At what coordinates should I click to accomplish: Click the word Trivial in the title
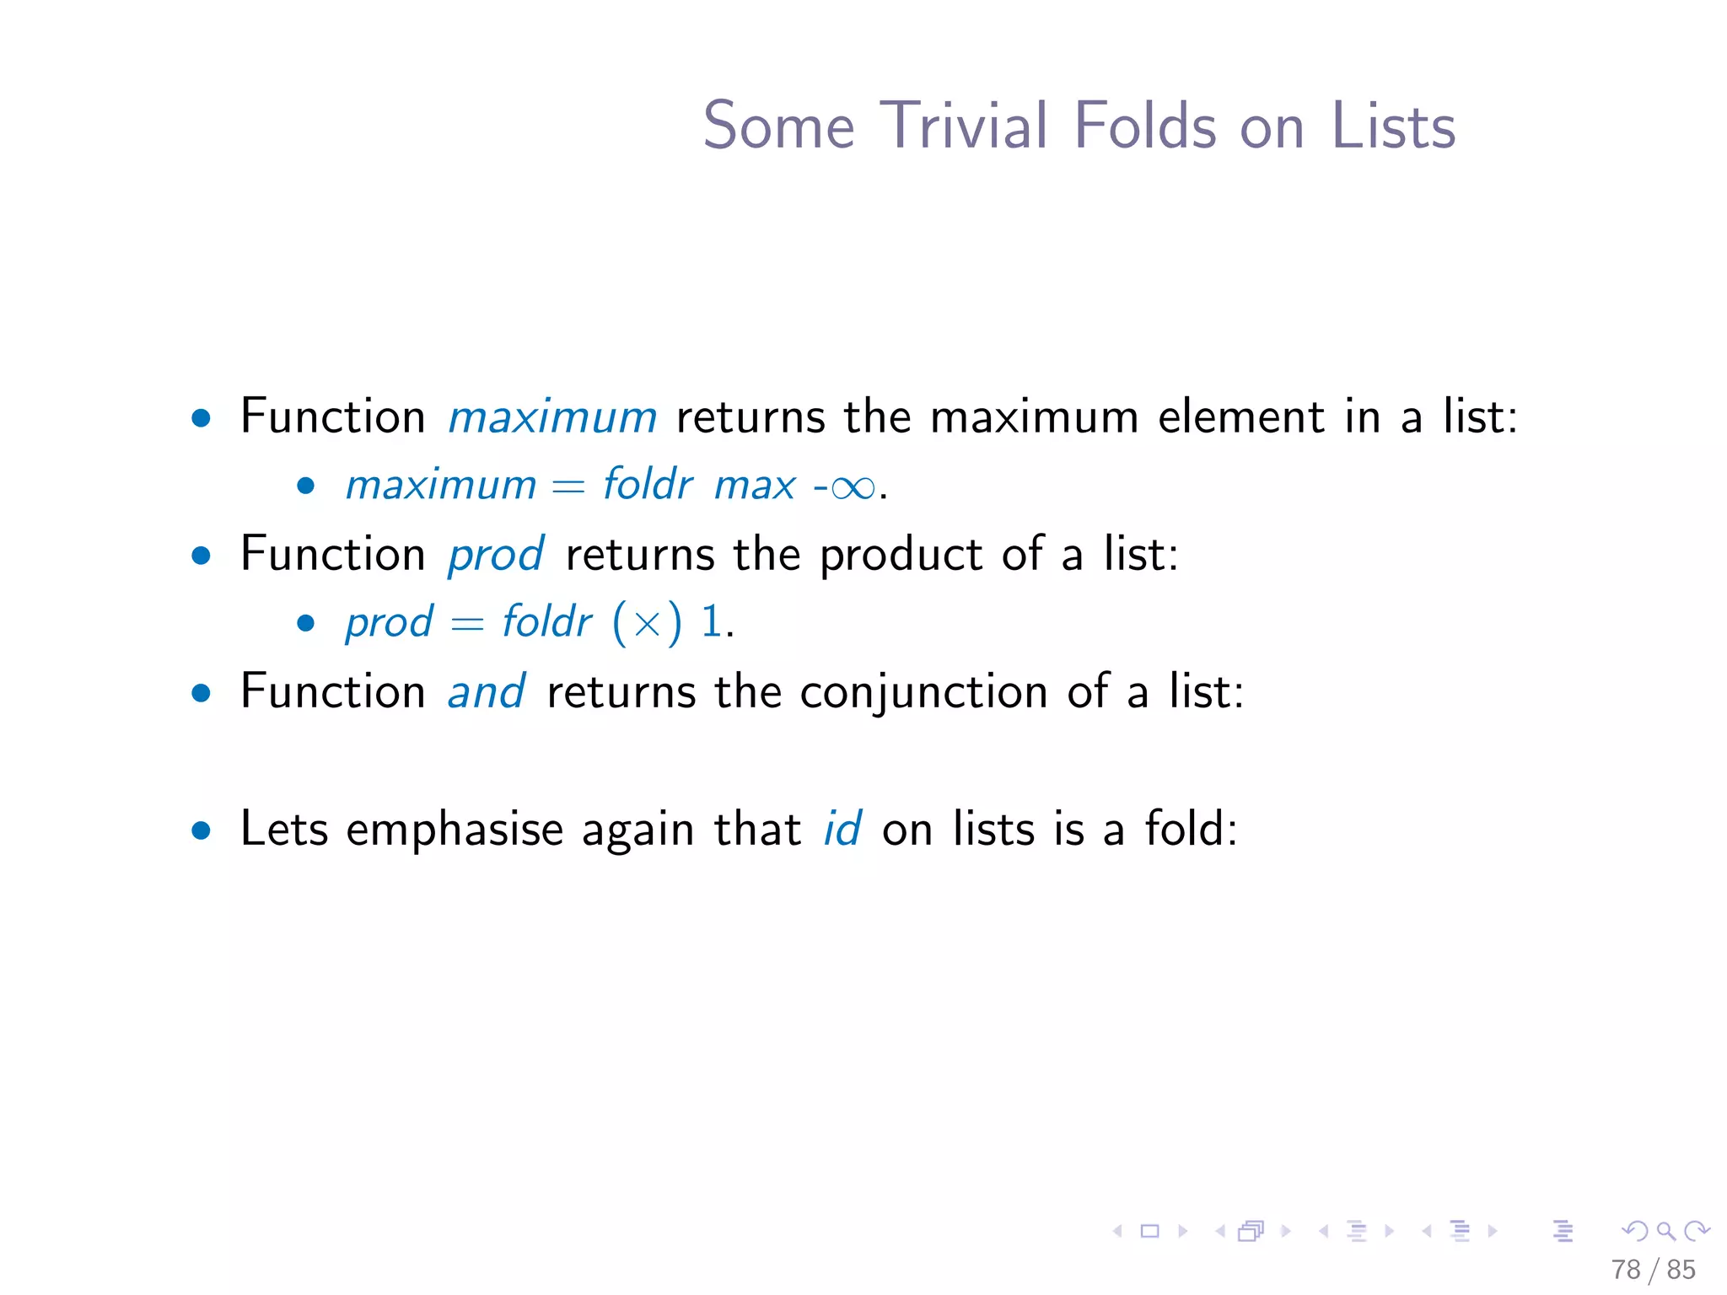coord(965,126)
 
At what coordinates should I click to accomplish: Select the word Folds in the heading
coord(1145,126)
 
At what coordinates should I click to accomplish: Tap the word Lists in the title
coord(1393,126)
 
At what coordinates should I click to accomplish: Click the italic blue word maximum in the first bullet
coord(552,417)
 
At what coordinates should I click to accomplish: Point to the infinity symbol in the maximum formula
coord(853,487)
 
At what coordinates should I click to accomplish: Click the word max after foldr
coord(755,486)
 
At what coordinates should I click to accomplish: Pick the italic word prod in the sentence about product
coord(496,556)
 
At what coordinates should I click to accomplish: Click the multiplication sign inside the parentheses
coord(647,624)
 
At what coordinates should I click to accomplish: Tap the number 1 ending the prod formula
coord(712,622)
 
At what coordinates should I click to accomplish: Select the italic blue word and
coord(487,692)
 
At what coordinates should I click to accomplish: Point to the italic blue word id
coord(842,829)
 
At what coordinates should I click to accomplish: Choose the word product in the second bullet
coord(901,556)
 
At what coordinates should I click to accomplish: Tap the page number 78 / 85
coord(1653,1270)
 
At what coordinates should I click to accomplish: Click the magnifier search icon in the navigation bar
coord(1665,1232)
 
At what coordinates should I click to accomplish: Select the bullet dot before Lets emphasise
coord(201,831)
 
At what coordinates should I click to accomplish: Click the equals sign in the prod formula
coord(467,624)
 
